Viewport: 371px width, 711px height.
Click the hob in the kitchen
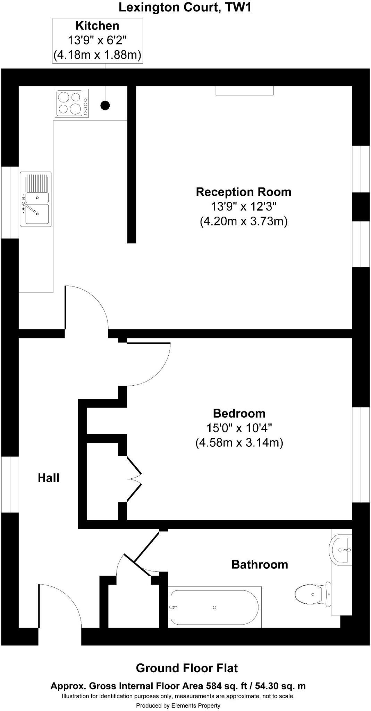pos(72,103)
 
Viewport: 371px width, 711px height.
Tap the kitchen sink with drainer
pos(36,199)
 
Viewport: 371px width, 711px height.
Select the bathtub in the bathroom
pos(214,607)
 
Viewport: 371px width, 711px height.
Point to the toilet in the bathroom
pos(311,594)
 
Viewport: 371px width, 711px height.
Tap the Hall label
pos(49,478)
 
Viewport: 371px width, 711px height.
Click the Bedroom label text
pos(239,413)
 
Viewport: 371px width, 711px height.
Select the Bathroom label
pos(260,564)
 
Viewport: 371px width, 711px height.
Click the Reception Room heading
pos(244,192)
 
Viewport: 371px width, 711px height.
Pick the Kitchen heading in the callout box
pos(97,26)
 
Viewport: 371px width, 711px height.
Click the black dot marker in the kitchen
pos(105,105)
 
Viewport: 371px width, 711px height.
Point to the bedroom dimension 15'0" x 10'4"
pos(239,428)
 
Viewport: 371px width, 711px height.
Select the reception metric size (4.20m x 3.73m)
pos(244,221)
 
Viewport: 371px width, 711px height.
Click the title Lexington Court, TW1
pos(185,7)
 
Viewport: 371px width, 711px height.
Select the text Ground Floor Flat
pos(187,668)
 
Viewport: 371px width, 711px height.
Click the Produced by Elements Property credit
pos(178,705)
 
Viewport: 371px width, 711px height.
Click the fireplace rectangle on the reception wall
pos(244,91)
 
